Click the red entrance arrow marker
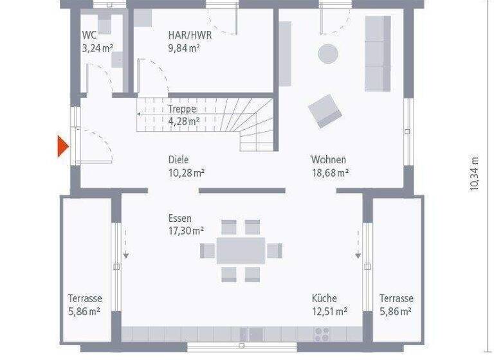(x=62, y=147)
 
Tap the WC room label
(x=89, y=35)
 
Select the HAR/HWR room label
(x=190, y=35)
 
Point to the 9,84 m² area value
(x=184, y=48)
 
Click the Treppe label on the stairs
(x=181, y=109)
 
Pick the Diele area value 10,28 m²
(x=186, y=172)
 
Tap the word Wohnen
(x=329, y=159)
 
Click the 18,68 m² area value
(x=330, y=172)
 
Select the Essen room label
(x=180, y=219)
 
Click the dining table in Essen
(x=241, y=250)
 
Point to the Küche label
(x=324, y=298)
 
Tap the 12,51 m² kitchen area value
(x=329, y=311)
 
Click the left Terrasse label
(x=85, y=298)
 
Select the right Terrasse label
(x=396, y=298)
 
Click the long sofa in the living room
(x=378, y=53)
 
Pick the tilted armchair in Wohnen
(x=325, y=111)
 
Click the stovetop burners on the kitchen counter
(x=321, y=333)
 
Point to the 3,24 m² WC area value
(x=96, y=48)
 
